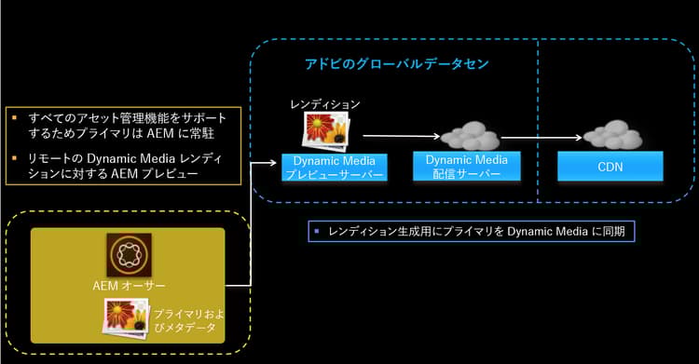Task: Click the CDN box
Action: pyautogui.click(x=610, y=167)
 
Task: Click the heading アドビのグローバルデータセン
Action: pyautogui.click(x=398, y=62)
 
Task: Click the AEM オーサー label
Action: pyautogui.click(x=129, y=285)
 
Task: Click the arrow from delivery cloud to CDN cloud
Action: pyautogui.click(x=541, y=140)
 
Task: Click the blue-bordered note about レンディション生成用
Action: pyautogui.click(x=472, y=230)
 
